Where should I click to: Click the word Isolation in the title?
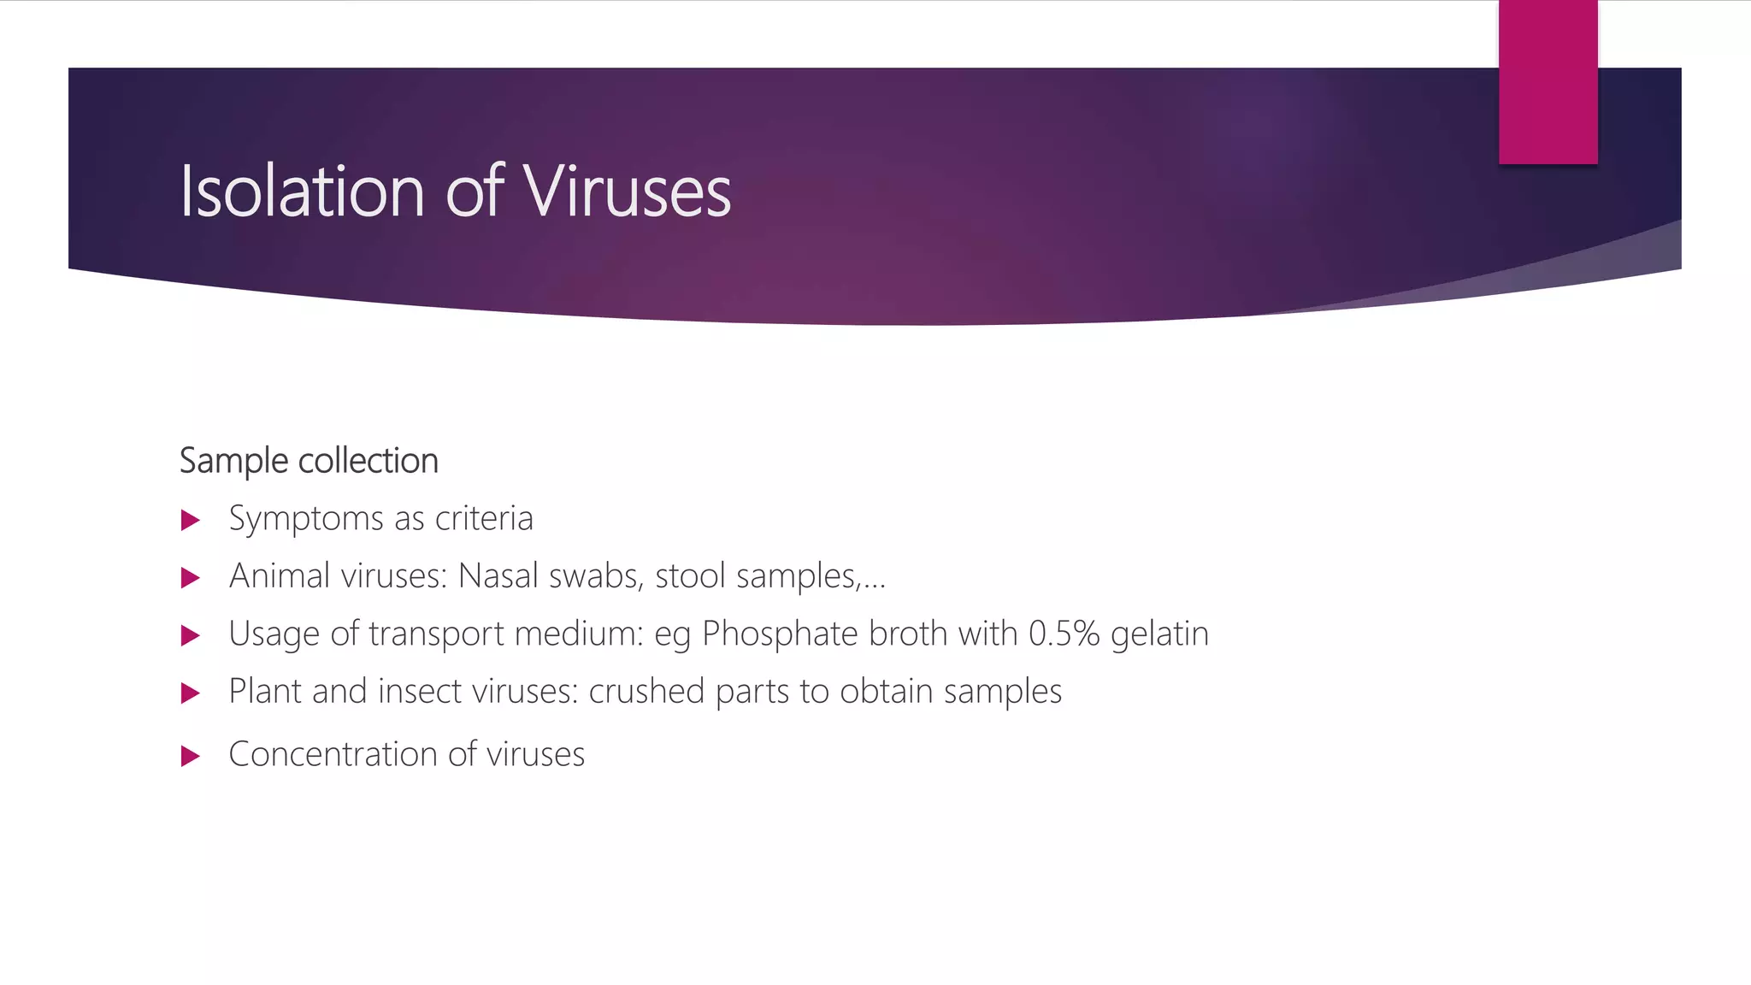point(302,192)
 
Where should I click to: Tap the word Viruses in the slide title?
point(627,192)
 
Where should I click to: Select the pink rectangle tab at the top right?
point(1548,82)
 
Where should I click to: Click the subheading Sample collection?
point(309,461)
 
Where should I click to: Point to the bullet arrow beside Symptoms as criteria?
point(191,520)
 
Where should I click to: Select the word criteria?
point(484,518)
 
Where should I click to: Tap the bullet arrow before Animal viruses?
point(191,578)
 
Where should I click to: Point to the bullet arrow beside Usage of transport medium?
point(191,635)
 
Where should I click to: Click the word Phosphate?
point(780,634)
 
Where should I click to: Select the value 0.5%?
point(1064,634)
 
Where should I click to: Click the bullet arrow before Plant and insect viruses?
point(191,693)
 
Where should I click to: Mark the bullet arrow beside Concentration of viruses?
point(191,756)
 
